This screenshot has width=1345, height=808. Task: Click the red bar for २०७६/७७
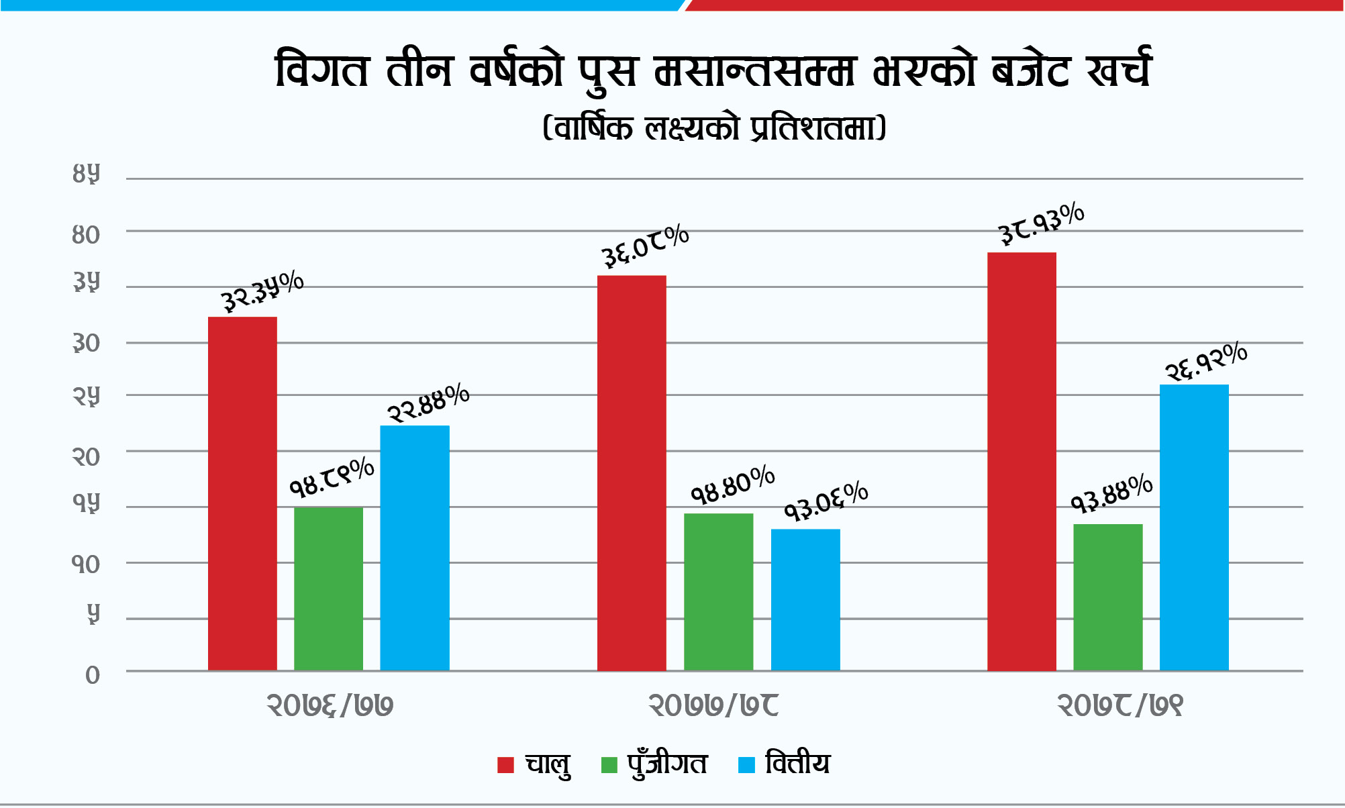(242, 493)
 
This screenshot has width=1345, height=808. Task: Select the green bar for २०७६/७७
(329, 589)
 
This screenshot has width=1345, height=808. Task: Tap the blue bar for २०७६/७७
(415, 548)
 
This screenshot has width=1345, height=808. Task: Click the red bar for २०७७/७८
(632, 472)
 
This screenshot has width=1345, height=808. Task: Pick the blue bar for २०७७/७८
(805, 599)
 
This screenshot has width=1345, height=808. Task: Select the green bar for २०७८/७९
(1108, 597)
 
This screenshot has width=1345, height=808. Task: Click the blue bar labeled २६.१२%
(1194, 527)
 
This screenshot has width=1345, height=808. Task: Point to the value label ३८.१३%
(1041, 223)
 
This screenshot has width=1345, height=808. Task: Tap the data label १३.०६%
(826, 501)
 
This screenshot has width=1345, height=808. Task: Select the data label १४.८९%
(332, 477)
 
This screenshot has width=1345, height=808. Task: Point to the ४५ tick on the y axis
(86, 175)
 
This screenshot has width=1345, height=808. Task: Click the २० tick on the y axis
(86, 457)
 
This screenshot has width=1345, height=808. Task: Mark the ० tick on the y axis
(92, 675)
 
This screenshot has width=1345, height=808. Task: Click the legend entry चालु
(547, 764)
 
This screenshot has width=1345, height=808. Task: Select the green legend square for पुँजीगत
(609, 765)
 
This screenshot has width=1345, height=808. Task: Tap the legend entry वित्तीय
(797, 764)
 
